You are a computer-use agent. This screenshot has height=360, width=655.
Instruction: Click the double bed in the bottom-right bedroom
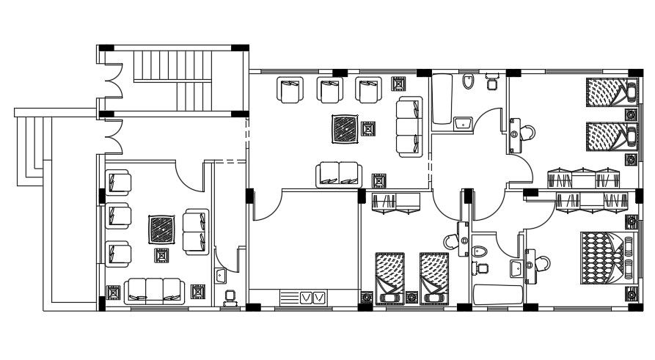coord(603,258)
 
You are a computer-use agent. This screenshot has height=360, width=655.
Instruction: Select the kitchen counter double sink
coord(313,298)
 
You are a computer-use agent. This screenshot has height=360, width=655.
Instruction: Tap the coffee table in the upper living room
coord(341,130)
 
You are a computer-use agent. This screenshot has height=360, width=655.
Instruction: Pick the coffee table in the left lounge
coord(161,229)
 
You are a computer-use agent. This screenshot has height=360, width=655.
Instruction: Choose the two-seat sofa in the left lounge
coord(195,232)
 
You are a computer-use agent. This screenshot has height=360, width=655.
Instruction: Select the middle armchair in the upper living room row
coord(329,90)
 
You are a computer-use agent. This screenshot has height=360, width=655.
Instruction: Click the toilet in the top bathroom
coord(469,81)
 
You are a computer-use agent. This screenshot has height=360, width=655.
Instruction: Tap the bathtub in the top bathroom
coord(442,103)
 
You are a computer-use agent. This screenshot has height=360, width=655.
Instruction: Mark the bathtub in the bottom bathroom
coord(497,295)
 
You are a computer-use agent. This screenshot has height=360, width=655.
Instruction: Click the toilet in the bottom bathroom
coord(480,252)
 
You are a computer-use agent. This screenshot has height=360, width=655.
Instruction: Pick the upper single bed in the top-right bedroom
coord(609,94)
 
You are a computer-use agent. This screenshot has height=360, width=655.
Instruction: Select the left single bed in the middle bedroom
coord(389,277)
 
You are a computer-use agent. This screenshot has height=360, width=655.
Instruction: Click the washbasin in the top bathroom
coord(461,123)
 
